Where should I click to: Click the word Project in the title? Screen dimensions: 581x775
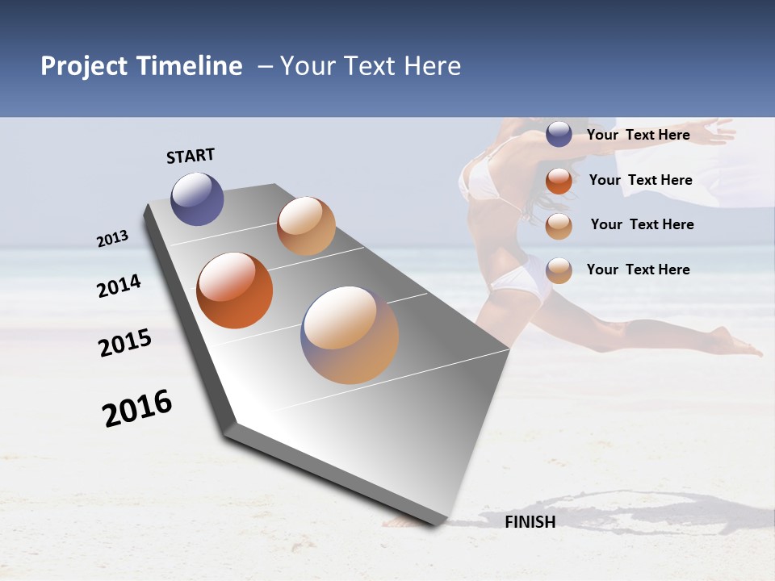[x=84, y=67]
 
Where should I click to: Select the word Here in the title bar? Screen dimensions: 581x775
[x=433, y=66]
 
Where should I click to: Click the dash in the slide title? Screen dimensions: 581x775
[x=265, y=66]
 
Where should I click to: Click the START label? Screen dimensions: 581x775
[x=191, y=156]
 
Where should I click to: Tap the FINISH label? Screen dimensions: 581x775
[x=530, y=522]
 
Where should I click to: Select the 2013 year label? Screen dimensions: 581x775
[x=113, y=239]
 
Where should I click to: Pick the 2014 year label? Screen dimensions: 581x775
[x=119, y=286]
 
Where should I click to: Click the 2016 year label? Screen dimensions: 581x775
[x=137, y=408]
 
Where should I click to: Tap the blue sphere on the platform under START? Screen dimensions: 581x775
[x=197, y=199]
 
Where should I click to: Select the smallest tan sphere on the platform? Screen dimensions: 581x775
[x=306, y=226]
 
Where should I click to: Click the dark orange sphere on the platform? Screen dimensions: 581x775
[x=234, y=290]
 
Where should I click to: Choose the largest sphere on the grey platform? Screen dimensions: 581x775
[x=350, y=335]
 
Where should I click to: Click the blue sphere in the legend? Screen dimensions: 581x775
[x=559, y=134]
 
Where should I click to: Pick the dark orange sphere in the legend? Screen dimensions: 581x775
[x=559, y=181]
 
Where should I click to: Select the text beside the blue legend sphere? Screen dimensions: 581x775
[x=638, y=135]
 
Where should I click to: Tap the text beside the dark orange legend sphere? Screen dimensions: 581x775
[x=640, y=180]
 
